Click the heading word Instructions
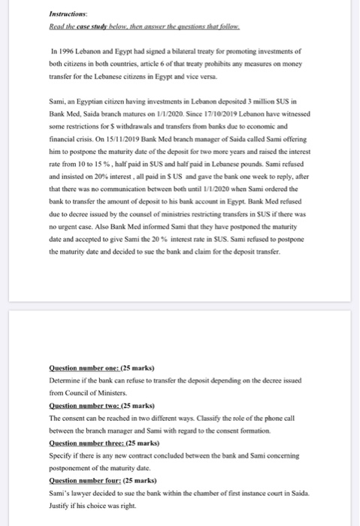[66, 14]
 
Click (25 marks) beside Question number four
[138, 479]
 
